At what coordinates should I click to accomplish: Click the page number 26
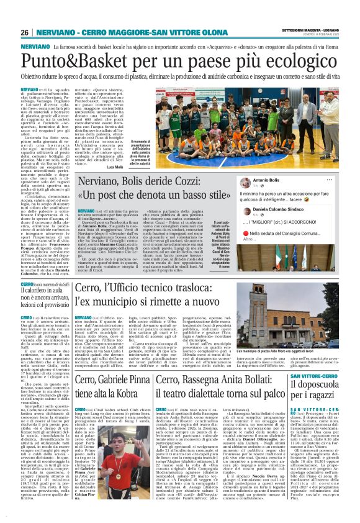24,32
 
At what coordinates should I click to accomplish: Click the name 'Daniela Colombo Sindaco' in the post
295,211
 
